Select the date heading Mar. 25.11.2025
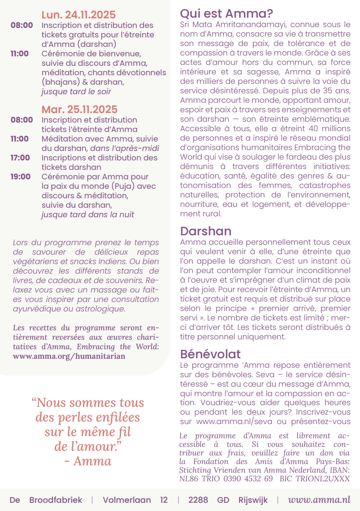pos(79,110)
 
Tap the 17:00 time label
pos(20,157)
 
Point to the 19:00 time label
pos(20,176)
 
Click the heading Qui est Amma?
pos(226,13)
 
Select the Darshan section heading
pos(206,231)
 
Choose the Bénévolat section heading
pos(210,354)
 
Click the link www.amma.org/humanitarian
pos(69,356)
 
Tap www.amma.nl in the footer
pos(319,500)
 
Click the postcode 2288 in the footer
pos(198,500)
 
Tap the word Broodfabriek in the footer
pos(55,500)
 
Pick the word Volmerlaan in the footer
pos(127,500)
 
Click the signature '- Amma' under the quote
pos(88,461)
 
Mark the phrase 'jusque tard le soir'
pos(76,91)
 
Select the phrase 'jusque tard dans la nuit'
pos(87,214)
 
